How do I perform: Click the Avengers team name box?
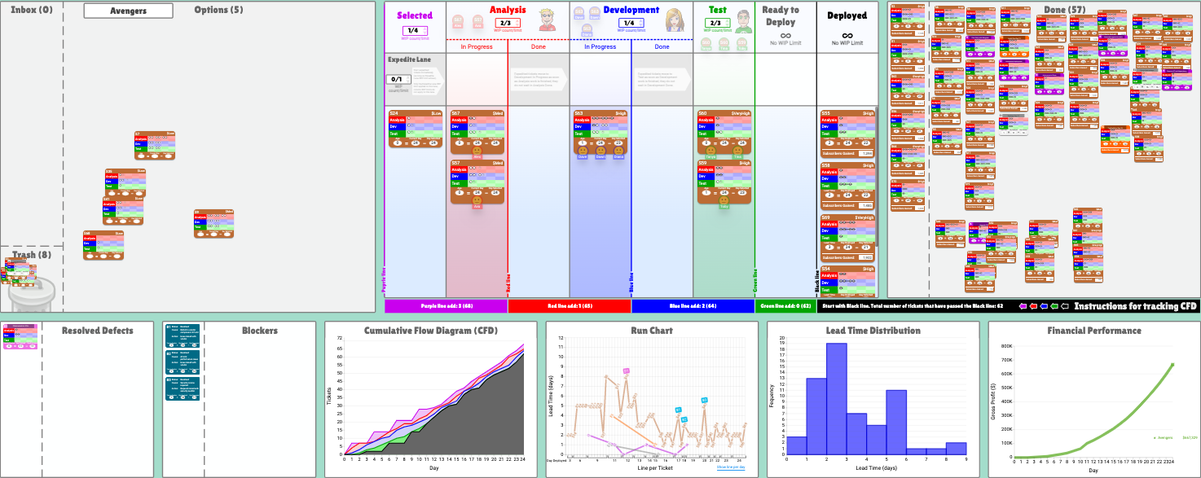coord(128,11)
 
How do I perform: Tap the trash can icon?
coord(30,294)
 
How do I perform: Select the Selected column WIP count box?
coord(414,30)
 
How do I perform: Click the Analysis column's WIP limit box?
coord(507,23)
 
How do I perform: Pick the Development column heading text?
coord(631,10)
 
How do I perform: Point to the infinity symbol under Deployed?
coord(847,35)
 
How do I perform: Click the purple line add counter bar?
coord(446,306)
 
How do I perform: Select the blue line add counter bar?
coord(693,306)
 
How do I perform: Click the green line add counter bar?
coord(785,306)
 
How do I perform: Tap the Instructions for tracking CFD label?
coord(1135,306)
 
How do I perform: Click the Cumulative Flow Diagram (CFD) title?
coord(431,331)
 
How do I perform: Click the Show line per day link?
coord(730,467)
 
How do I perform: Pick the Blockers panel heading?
coord(259,331)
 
